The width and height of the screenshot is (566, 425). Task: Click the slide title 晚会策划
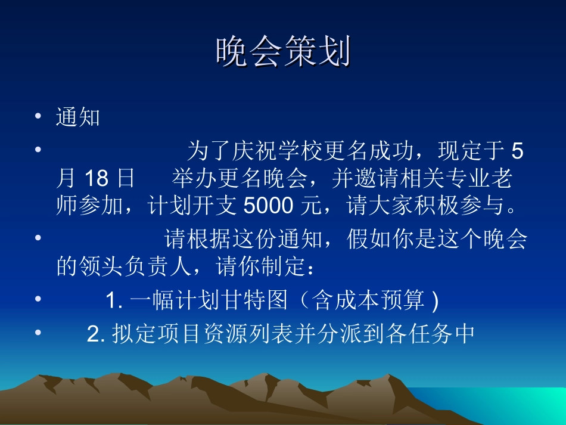(282, 52)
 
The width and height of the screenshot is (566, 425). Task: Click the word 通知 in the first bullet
(77, 117)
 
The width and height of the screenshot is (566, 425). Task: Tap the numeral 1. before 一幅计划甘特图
(114, 301)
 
